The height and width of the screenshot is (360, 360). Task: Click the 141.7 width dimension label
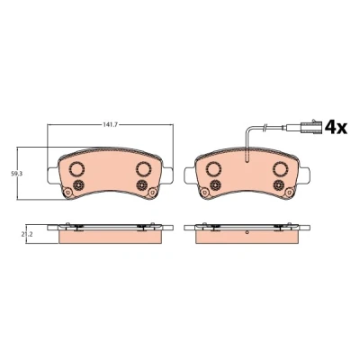click(110, 124)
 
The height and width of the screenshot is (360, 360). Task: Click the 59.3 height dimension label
click(14, 174)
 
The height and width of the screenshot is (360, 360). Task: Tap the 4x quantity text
click(336, 128)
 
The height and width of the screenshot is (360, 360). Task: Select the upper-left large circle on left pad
click(76, 168)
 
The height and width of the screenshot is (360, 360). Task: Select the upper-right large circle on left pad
click(144, 168)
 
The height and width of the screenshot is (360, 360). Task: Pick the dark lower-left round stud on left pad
click(79, 185)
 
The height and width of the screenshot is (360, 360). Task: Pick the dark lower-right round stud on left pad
click(141, 185)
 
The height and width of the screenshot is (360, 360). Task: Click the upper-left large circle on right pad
click(213, 168)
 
